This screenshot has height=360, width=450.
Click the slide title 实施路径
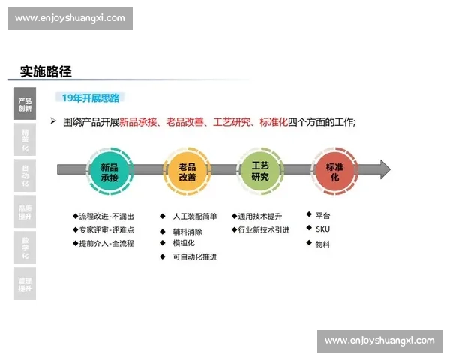click(x=46, y=72)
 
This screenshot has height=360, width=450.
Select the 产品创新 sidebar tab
click(x=25, y=104)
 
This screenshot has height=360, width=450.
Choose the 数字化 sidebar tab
click(x=25, y=247)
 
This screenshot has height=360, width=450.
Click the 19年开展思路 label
click(x=90, y=97)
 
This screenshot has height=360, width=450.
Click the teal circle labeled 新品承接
click(x=109, y=172)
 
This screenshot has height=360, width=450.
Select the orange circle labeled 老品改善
click(x=187, y=172)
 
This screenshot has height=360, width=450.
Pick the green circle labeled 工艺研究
click(x=259, y=172)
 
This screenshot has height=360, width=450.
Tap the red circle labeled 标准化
click(x=334, y=172)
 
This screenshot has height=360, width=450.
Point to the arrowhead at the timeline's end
click(x=384, y=169)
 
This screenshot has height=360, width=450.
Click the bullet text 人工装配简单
click(x=194, y=217)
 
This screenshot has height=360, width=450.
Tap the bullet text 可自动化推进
click(x=194, y=256)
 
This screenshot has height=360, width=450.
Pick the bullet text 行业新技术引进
click(x=263, y=230)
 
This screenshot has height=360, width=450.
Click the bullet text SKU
click(x=322, y=229)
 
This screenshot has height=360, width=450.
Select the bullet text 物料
click(x=322, y=244)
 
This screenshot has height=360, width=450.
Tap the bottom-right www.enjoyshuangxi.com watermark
click(x=379, y=340)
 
